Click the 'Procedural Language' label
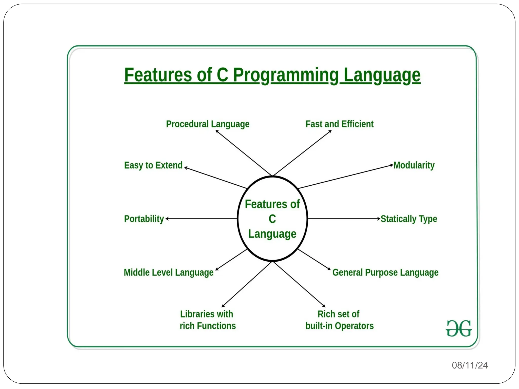[x=208, y=124]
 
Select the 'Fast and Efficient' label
[x=339, y=124]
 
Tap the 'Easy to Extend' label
[x=153, y=165]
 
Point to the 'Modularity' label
[x=414, y=165]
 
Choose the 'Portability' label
[x=144, y=219]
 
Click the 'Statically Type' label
[x=409, y=219]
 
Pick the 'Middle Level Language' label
[x=169, y=273]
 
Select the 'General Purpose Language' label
[x=385, y=273]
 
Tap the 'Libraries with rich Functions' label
[x=208, y=320]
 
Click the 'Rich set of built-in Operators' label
[x=339, y=320]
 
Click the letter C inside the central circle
[x=272, y=219]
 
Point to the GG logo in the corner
[x=459, y=328]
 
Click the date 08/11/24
[x=470, y=365]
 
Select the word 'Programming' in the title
[x=286, y=75]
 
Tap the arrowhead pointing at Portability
[x=167, y=219]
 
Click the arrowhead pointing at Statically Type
[x=379, y=219]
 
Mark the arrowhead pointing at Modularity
[x=392, y=165]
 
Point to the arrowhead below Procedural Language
[x=217, y=131]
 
